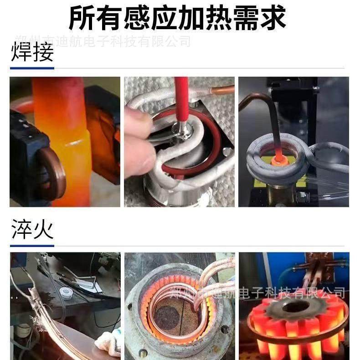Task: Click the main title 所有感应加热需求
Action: (x=178, y=18)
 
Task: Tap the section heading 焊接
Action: (x=32, y=53)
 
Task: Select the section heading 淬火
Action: (x=32, y=230)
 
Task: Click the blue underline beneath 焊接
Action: (x=32, y=68)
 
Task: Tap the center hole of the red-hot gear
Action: (x=292, y=307)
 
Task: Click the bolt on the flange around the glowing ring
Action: (x=224, y=329)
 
